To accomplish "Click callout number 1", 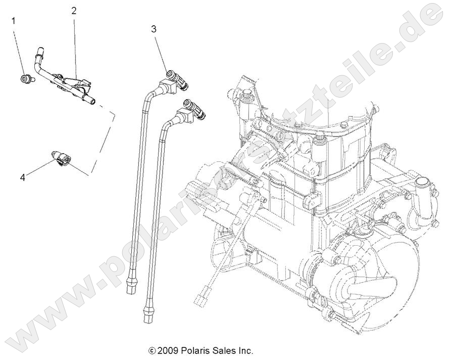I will [x=14, y=21].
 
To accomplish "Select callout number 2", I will [x=74, y=10].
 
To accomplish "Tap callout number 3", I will [x=154, y=29].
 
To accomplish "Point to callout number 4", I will [x=22, y=177].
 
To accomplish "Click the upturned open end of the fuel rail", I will [x=38, y=50].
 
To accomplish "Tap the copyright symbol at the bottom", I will [x=151, y=350].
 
